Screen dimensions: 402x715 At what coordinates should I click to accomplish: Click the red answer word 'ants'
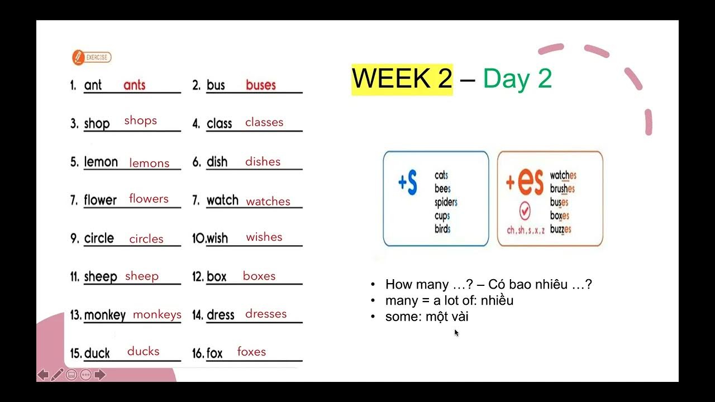pos(134,85)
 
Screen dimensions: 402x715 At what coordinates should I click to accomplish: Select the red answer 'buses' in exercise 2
pos(261,85)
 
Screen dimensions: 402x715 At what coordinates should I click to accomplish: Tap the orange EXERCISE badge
pos(92,57)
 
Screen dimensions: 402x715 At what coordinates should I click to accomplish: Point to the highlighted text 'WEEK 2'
pos(402,79)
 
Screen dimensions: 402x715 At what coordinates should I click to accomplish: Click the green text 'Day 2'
pos(517,79)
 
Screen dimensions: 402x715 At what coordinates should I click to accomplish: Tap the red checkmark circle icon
pos(525,212)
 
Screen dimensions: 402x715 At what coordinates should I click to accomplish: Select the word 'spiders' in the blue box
pos(446,202)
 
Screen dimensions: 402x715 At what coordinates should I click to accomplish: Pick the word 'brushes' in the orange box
pos(563,189)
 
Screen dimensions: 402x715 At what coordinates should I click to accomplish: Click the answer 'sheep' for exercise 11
pos(142,276)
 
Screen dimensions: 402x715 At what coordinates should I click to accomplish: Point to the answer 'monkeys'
pos(157,314)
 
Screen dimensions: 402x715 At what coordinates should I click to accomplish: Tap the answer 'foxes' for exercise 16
pos(251,352)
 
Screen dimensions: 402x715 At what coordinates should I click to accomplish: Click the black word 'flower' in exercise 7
pos(101,200)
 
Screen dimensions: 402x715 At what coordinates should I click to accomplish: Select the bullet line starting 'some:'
pos(427,317)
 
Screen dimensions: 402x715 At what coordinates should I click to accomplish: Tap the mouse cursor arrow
pos(456,333)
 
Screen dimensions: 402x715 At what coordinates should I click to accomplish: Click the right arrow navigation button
pos(100,375)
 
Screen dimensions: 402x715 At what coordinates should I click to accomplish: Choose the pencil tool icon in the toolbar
pos(57,375)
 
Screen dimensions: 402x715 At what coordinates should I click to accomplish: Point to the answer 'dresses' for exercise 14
pos(266,314)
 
